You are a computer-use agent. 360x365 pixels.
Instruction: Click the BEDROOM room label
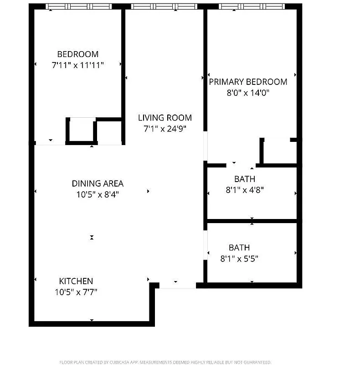[x=77, y=54]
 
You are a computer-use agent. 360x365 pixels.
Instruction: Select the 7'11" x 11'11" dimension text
[x=78, y=65]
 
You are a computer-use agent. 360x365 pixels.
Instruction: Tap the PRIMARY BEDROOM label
[x=248, y=82]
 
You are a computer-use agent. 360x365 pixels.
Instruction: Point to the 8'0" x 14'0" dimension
[x=247, y=93]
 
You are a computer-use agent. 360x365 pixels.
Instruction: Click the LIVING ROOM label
[x=165, y=118]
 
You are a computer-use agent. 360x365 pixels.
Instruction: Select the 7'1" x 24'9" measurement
[x=165, y=129]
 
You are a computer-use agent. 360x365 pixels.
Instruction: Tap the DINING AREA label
[x=98, y=183]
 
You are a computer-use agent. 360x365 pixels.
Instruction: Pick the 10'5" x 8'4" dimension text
[x=98, y=194]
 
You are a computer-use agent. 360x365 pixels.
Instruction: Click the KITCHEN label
[x=76, y=281]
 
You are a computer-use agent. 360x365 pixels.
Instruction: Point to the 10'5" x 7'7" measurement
[x=76, y=292]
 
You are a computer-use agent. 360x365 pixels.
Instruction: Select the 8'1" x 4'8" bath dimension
[x=245, y=190]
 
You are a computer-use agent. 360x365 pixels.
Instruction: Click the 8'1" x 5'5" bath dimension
[x=239, y=259]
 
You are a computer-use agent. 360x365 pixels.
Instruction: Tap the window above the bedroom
[x=79, y=6]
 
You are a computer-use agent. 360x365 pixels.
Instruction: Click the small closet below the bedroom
[x=81, y=130]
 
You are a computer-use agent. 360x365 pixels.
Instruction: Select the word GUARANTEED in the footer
[x=257, y=362]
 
